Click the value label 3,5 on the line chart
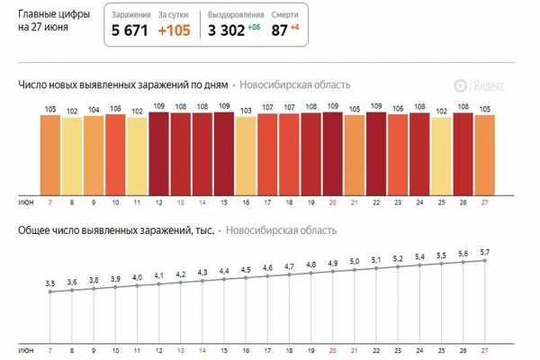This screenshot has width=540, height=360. [50, 283]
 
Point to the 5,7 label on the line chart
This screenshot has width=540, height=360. [485, 253]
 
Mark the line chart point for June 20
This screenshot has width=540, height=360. [333, 272]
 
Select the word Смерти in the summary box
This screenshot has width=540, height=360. [285, 15]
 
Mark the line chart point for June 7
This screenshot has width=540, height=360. [50, 292]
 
